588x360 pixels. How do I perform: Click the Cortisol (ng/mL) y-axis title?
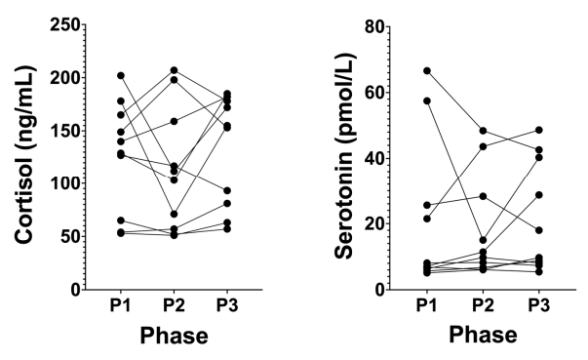(x=24, y=155)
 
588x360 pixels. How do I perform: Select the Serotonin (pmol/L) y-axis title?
(x=344, y=156)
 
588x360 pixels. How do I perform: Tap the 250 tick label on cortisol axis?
(x=65, y=25)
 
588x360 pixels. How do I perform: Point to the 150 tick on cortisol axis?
(x=65, y=131)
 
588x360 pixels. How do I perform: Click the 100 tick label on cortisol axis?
(x=65, y=183)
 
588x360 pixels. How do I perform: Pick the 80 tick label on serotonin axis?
(x=375, y=26)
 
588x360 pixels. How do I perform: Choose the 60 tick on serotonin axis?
(x=375, y=93)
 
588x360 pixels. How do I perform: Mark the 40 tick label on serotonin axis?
(x=375, y=158)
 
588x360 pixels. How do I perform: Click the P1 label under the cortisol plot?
(x=120, y=305)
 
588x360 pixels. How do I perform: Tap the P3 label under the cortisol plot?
(x=227, y=305)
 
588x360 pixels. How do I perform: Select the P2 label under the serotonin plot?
(x=483, y=305)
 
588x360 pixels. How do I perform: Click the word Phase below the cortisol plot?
(x=174, y=336)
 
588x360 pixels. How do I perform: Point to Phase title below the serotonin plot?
(x=483, y=335)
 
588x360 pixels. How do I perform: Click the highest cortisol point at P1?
(x=121, y=76)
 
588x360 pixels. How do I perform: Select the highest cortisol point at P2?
(x=174, y=70)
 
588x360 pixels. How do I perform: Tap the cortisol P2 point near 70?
(x=174, y=214)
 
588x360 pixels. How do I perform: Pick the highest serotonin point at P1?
(x=427, y=71)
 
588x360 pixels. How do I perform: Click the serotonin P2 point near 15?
(x=483, y=240)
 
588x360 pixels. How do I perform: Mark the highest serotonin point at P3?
(x=539, y=130)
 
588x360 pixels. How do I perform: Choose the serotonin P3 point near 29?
(x=539, y=195)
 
